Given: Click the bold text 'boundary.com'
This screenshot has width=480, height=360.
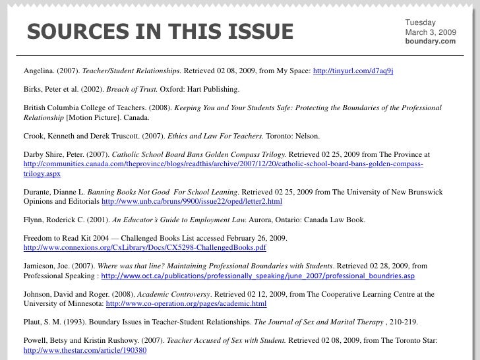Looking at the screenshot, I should click(x=430, y=42).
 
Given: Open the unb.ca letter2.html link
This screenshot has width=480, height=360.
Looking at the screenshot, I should click(x=192, y=202).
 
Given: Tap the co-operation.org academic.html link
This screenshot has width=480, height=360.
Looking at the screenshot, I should click(x=186, y=304).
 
